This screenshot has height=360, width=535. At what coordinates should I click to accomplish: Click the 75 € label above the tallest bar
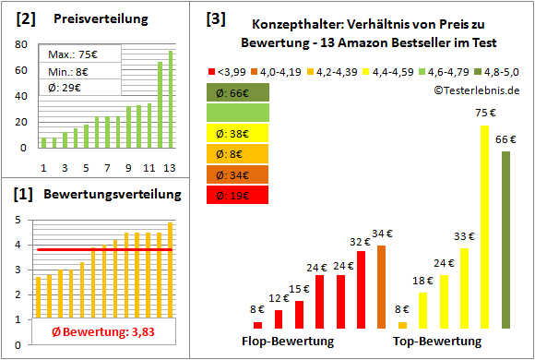482,114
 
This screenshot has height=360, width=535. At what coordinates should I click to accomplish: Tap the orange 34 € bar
382,287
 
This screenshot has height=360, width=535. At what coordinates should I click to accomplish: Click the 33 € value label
464,236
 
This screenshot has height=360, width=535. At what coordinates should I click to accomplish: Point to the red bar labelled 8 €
257,325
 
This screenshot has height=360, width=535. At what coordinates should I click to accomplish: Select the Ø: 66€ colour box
237,93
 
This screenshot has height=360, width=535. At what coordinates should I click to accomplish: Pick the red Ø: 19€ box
237,195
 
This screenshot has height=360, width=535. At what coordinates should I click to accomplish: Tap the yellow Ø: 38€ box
237,134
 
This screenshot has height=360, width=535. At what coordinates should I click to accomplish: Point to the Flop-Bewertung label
288,342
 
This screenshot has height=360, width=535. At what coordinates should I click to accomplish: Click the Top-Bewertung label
437,342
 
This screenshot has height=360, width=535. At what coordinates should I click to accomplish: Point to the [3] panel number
215,18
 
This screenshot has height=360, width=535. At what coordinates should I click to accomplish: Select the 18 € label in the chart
423,281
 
